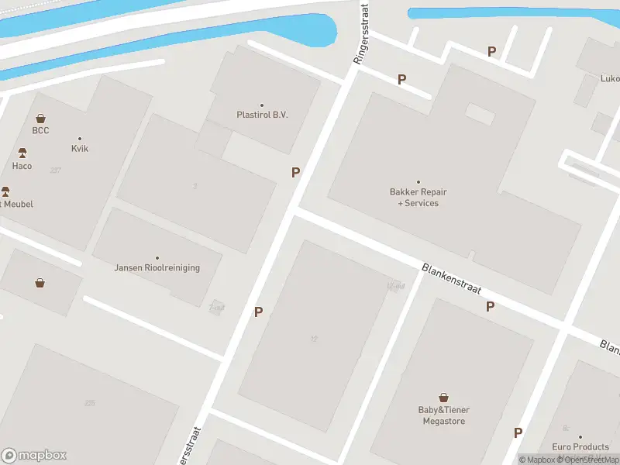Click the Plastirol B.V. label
(262, 115)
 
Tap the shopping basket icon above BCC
(40, 119)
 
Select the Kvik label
(80, 148)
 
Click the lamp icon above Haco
(22, 153)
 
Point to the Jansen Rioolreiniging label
(157, 268)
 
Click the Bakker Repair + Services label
(418, 198)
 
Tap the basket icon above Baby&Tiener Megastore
(444, 397)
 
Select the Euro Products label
(580, 447)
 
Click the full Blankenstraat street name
(452, 279)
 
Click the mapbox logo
(34, 456)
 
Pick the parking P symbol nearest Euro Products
(518, 432)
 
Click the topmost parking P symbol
(491, 51)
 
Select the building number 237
(55, 170)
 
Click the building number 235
(90, 402)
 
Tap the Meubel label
(19, 204)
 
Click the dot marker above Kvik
(80, 139)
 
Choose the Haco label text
(22, 166)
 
